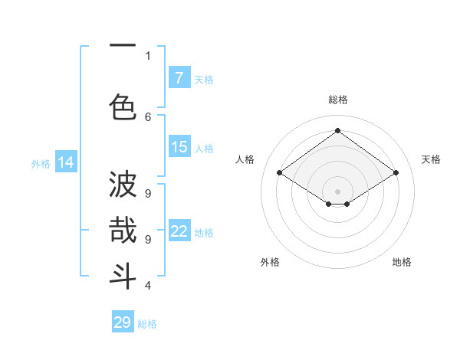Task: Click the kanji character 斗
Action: pos(123,276)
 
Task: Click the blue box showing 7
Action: pos(179,78)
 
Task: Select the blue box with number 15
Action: pos(179,148)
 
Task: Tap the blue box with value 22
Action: pos(179,232)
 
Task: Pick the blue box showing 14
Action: pos(66,162)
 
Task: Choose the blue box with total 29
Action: pos(123,322)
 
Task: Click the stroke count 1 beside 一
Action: pos(148,55)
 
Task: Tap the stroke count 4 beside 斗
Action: pos(148,286)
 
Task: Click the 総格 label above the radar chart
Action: pos(337,100)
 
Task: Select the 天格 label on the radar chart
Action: pos(431,159)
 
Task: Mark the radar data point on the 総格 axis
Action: pos(337,131)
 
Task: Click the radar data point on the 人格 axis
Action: pos(280,173)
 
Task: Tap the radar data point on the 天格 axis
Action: pos(396,173)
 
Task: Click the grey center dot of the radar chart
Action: pos(337,190)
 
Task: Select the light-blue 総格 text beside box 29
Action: pos(147,324)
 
